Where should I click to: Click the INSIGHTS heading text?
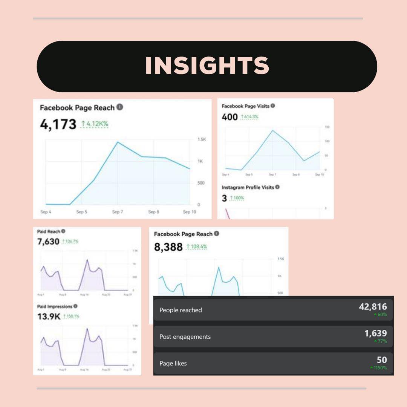click(207, 66)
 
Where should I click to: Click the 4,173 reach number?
click(58, 124)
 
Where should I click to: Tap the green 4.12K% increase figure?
click(95, 124)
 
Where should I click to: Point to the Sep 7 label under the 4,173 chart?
click(118, 212)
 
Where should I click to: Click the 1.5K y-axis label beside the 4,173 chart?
click(202, 139)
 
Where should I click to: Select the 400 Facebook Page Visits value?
click(230, 117)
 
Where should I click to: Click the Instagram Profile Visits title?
click(248, 187)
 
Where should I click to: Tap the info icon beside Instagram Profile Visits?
click(277, 187)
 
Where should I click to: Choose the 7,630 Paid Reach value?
click(48, 241)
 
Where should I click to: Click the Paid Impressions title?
click(55, 306)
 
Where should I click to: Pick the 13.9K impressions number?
click(49, 317)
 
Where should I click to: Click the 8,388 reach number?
click(168, 247)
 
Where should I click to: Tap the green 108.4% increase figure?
click(197, 247)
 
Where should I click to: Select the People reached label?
click(181, 310)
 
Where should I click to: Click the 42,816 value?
click(373, 307)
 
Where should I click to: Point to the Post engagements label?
click(185, 337)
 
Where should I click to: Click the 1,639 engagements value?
click(375, 333)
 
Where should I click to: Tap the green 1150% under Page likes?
click(379, 368)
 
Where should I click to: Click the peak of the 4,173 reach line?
click(118, 142)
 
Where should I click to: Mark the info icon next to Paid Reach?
click(63, 231)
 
